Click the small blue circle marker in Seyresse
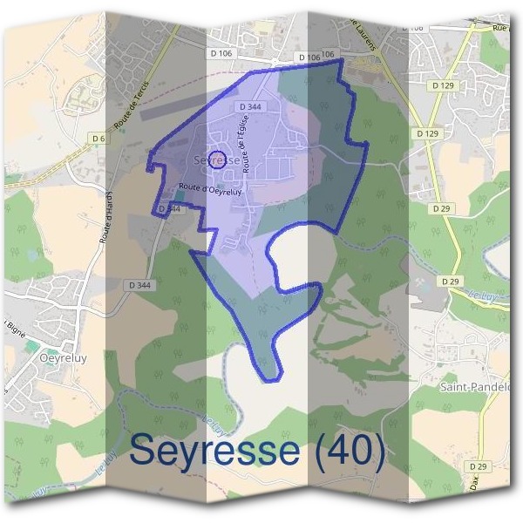[x=220, y=160]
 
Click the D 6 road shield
[x=98, y=138]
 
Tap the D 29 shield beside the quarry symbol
[x=450, y=282]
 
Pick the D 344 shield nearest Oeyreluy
[x=139, y=284]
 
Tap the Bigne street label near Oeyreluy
[x=15, y=326]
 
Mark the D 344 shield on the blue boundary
[x=170, y=209]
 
